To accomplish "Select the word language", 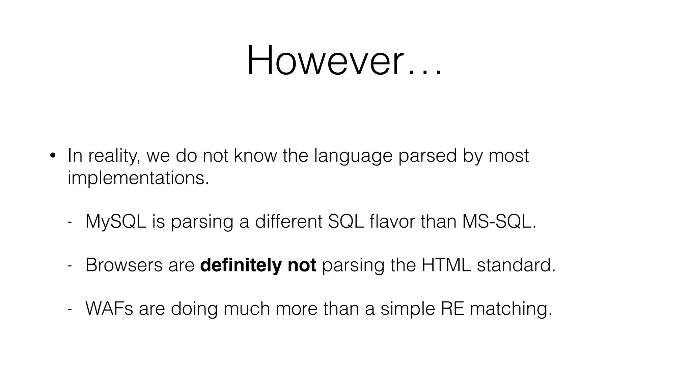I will (353, 156).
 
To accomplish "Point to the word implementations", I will (138, 178).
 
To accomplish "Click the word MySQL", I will (116, 222).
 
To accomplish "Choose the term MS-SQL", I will (499, 222).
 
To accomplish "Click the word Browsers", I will (124, 265).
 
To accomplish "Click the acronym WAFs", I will (109, 308).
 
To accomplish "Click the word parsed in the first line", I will (427, 156).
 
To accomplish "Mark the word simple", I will (408, 309).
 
